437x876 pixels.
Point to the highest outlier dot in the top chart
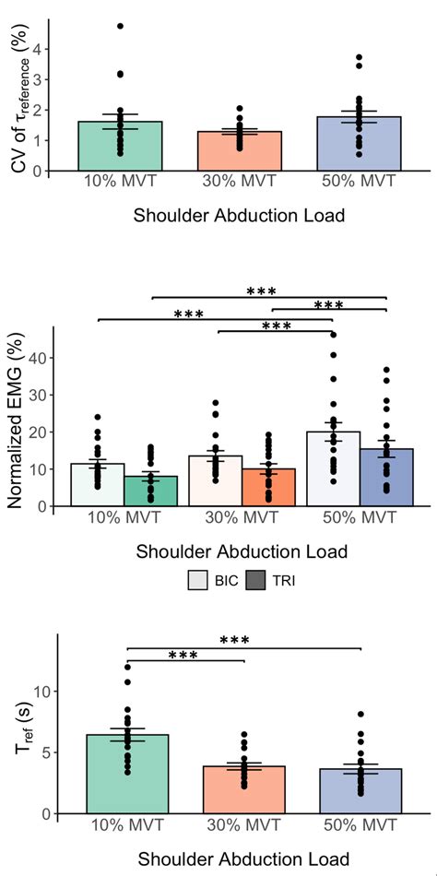pyautogui.click(x=120, y=26)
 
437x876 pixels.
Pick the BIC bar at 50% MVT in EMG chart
pyautogui.click(x=333, y=469)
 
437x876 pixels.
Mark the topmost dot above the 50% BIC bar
pyautogui.click(x=333, y=335)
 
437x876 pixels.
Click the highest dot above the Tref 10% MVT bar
pyautogui.click(x=126, y=667)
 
